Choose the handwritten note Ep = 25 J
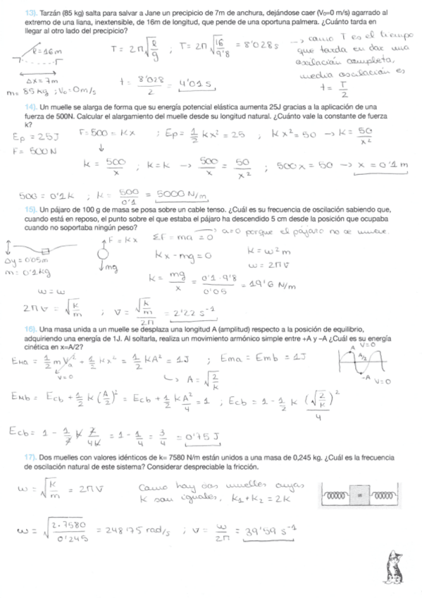pos(32,138)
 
